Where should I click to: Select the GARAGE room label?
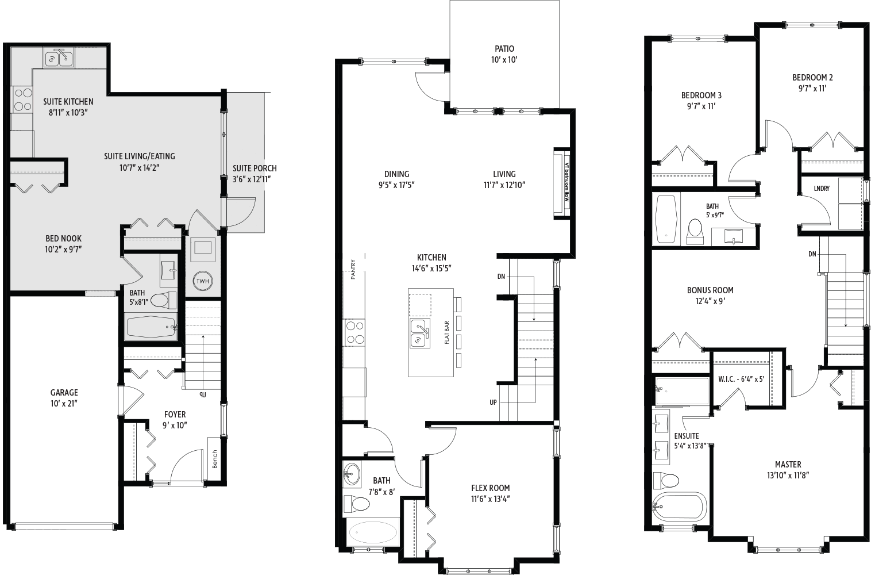[64, 393]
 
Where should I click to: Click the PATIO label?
[504, 49]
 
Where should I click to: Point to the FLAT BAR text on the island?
[446, 332]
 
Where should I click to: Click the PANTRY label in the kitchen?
[353, 270]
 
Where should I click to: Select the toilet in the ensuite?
[666, 480]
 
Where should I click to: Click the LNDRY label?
[822, 188]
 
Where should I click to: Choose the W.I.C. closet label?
[741, 379]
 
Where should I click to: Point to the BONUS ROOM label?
[710, 290]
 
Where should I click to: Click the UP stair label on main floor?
[493, 402]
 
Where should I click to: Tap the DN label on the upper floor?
[812, 254]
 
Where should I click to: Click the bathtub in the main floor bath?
[372, 533]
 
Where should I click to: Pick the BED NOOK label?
[64, 239]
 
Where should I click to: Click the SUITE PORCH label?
[255, 168]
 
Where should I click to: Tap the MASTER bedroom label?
[788, 465]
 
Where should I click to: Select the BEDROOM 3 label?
[701, 95]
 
